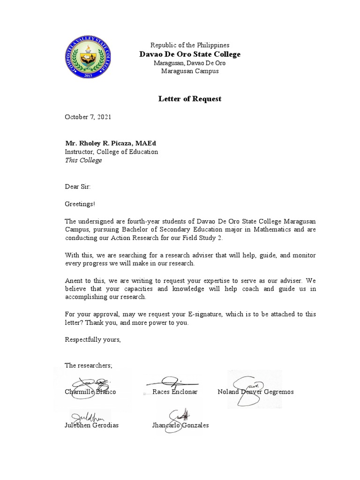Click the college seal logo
88,58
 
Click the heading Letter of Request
189,99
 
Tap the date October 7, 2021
88,117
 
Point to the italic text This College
83,160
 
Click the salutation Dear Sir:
78,187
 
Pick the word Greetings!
80,204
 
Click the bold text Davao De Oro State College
190,54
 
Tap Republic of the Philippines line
190,45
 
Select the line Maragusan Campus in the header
190,71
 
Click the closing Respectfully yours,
93,339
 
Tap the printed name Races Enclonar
175,391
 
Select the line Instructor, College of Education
112,152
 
